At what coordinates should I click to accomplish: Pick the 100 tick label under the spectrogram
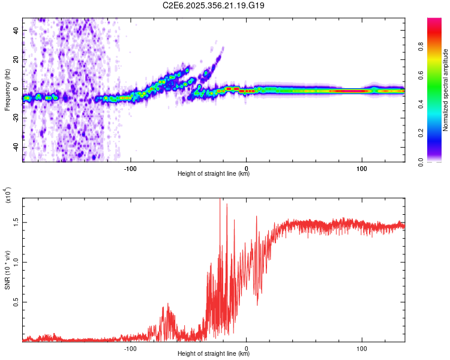362,168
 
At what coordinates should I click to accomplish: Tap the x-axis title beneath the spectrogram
214,174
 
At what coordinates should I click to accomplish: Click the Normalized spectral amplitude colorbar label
446,90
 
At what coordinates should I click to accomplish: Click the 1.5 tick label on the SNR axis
16,221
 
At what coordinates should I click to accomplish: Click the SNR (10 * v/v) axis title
7,270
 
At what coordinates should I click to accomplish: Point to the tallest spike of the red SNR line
220,199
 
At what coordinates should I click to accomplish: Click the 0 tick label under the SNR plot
247,348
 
